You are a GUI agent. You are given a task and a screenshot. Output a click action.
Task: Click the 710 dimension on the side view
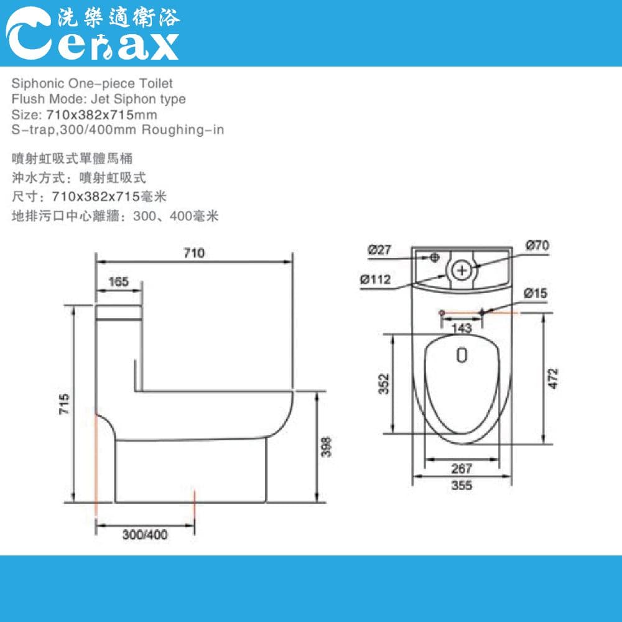(193, 253)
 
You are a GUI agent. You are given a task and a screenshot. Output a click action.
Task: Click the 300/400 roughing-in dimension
(145, 534)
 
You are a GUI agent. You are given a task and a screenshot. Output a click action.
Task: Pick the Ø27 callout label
(379, 250)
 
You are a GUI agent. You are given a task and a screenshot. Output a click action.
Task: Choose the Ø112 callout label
(375, 279)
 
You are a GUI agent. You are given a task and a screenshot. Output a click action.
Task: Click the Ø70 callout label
(537, 246)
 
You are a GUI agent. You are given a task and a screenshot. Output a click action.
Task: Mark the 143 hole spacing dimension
(462, 328)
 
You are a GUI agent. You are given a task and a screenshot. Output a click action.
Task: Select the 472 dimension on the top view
(554, 379)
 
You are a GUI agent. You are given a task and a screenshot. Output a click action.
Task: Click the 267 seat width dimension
(462, 468)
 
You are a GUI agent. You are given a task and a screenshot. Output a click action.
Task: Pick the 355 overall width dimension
(462, 485)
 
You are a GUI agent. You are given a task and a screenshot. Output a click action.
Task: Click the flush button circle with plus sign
(462, 270)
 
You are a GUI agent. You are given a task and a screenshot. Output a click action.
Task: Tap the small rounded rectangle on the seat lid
(461, 355)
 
